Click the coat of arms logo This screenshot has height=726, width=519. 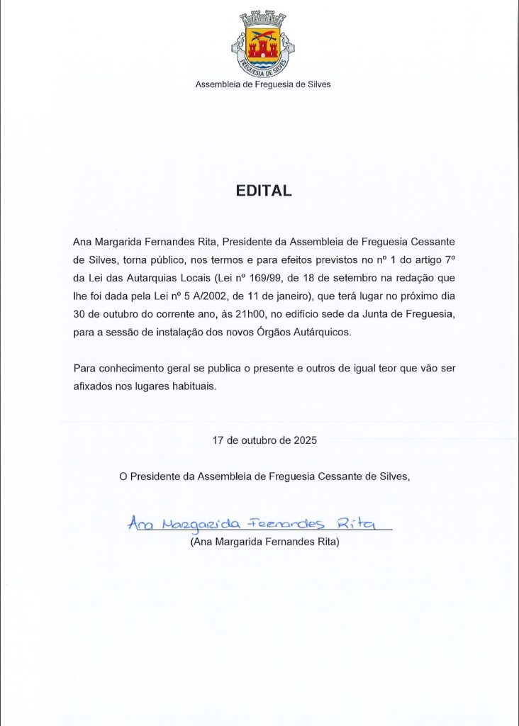[262, 44]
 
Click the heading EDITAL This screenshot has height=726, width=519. [263, 191]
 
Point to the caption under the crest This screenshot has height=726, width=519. [263, 84]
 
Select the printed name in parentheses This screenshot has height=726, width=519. [265, 542]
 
